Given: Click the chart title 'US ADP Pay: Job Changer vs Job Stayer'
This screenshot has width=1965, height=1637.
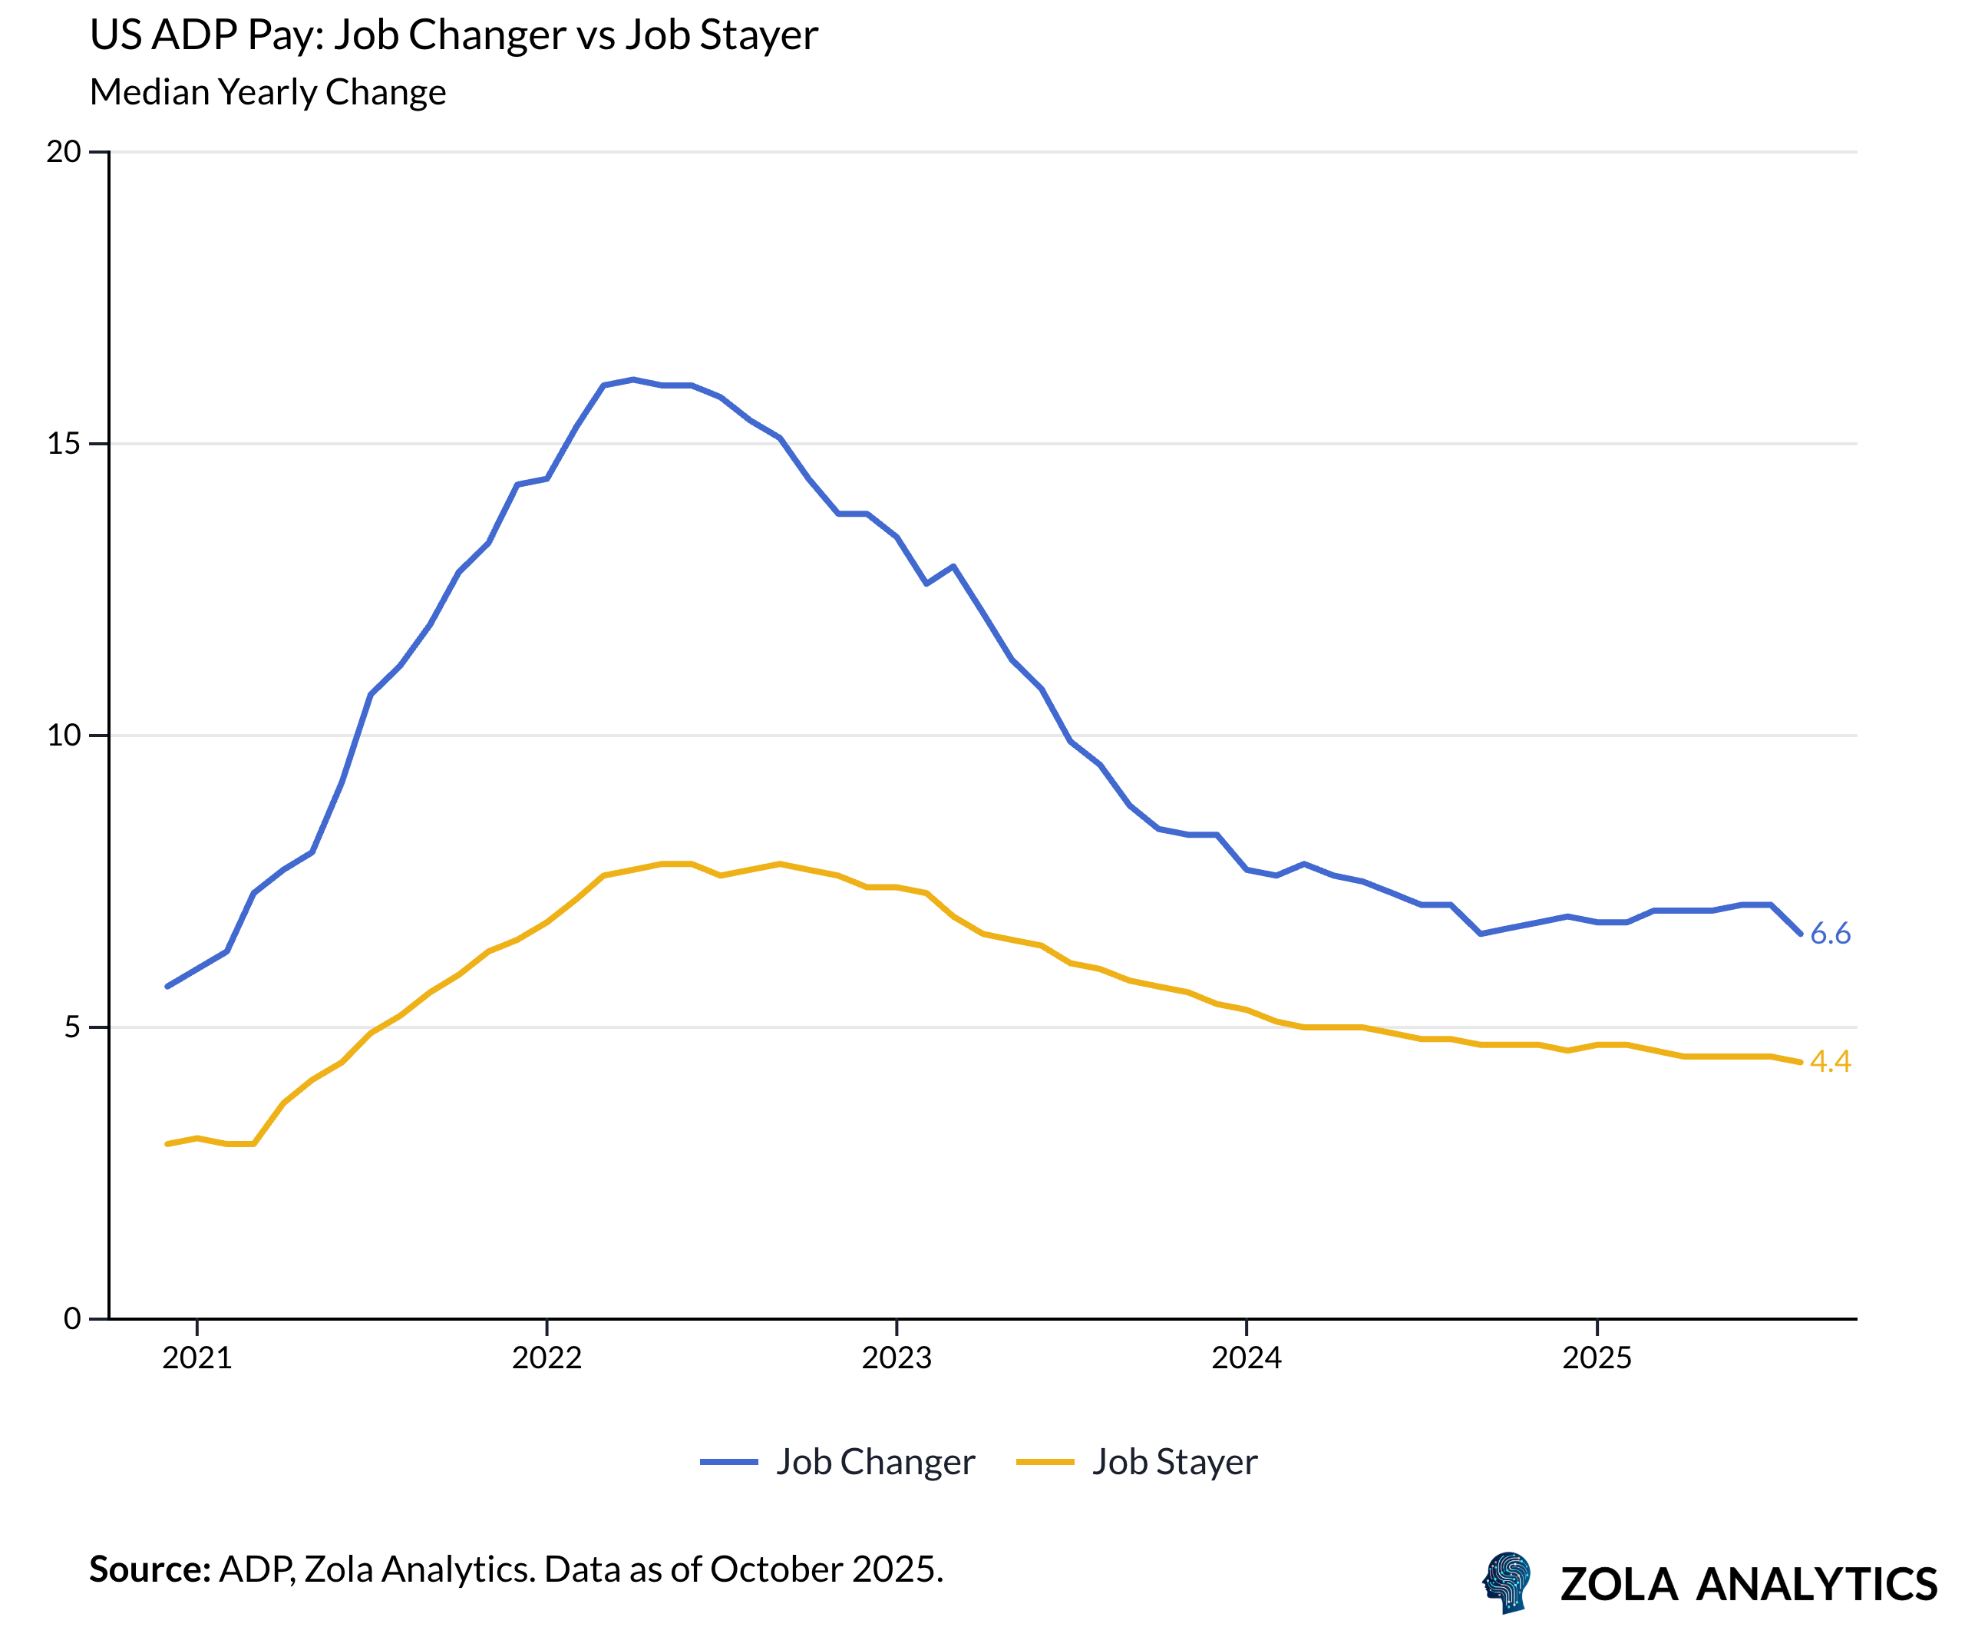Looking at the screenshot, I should point(454,35).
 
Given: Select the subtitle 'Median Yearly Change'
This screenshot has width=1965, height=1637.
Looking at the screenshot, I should point(268,93).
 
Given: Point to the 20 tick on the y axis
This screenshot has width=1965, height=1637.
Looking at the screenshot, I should point(64,151).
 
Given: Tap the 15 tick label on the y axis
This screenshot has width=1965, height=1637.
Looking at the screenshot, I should point(64,444).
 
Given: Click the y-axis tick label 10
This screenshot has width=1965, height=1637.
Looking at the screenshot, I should point(64,736).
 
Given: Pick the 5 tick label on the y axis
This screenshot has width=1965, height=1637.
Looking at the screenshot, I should point(72,1027).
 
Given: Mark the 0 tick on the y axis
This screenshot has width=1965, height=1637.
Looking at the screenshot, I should point(72,1320).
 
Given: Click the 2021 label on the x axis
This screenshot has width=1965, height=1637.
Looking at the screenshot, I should point(196,1358).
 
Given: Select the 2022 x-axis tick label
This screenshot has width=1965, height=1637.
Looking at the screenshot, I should point(547,1358).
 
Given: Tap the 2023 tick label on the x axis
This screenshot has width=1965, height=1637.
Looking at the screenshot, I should point(897,1358).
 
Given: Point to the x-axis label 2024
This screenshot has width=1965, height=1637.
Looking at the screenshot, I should point(1247,1358).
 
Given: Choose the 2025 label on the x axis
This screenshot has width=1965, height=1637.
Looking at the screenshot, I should point(1597,1358).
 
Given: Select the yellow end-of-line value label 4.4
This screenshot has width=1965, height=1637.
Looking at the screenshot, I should point(1830,1061).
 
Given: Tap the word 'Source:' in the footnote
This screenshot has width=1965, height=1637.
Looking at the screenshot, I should point(150,1569).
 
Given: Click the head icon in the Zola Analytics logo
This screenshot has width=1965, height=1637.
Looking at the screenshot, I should point(1508,1582).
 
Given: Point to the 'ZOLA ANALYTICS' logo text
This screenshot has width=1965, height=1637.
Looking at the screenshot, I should point(1748,1585).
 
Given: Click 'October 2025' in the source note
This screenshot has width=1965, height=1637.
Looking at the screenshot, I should point(824,1569).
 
